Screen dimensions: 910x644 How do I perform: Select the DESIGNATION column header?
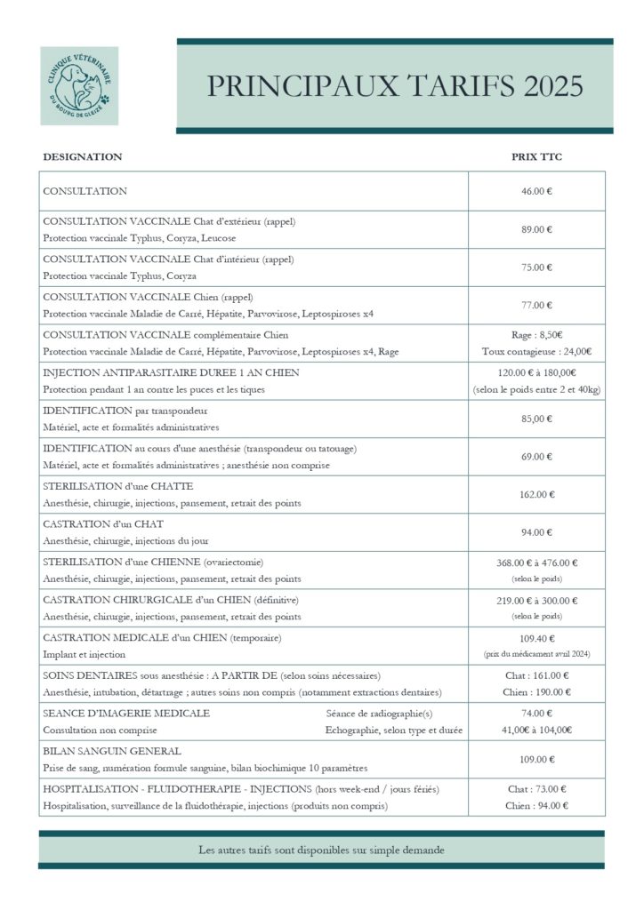coord(83,156)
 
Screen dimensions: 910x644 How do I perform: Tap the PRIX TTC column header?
coord(536,156)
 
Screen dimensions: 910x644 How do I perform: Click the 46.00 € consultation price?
coord(536,191)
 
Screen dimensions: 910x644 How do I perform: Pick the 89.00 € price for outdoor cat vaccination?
coord(536,229)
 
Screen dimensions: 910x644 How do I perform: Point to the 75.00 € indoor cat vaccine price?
coord(536,267)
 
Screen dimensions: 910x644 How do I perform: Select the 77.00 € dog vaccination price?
coord(536,306)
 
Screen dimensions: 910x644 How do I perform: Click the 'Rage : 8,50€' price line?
coord(536,335)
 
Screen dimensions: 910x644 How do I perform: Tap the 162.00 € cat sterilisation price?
coord(536,495)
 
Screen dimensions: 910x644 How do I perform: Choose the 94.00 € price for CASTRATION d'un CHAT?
coord(536,532)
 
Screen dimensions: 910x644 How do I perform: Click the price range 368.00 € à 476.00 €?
coord(536,563)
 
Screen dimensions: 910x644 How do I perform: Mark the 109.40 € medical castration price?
coord(536,638)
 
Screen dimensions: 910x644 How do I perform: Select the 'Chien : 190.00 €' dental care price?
coord(536,692)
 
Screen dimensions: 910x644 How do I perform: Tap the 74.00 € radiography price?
coord(536,714)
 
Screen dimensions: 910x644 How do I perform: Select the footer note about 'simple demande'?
coord(321,850)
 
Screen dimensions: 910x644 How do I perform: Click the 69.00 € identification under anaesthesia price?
coord(536,457)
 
